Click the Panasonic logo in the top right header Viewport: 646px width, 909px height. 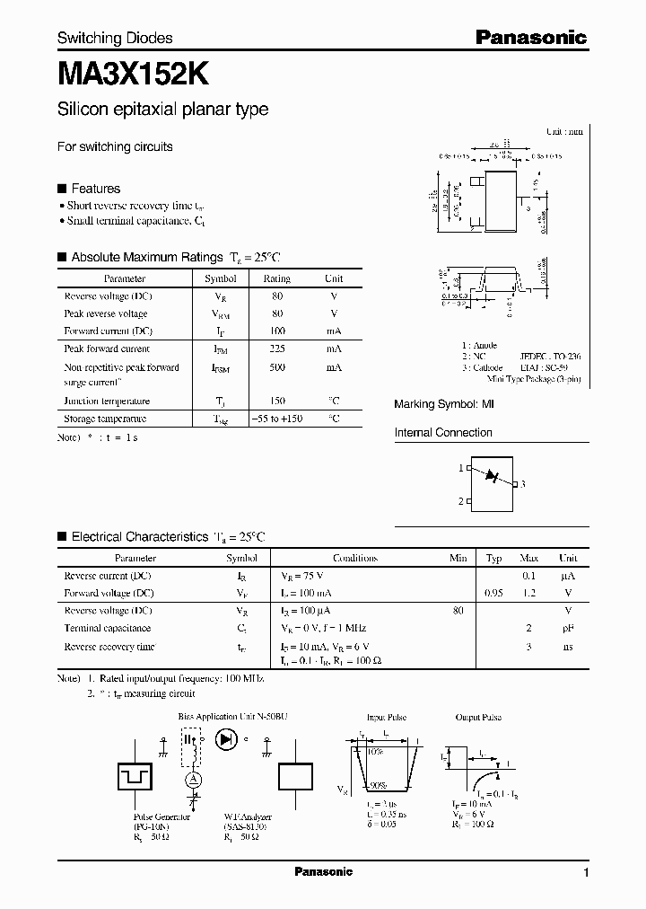[530, 37]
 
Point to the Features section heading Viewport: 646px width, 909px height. [95, 189]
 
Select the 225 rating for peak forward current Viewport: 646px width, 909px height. [276, 349]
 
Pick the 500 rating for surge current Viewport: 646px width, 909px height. [276, 367]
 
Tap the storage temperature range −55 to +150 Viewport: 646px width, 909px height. [276, 419]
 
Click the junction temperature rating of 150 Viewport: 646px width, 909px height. [276, 401]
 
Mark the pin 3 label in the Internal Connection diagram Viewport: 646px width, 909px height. [522, 484]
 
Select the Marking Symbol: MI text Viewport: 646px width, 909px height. [444, 405]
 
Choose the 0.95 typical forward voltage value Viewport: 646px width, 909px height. [493, 594]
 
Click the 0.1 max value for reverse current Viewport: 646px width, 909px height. [528, 576]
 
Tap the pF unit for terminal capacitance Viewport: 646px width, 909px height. [567, 629]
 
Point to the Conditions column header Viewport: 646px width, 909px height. [354, 558]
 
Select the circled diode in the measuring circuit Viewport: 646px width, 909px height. [226, 739]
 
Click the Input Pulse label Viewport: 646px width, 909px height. [388, 718]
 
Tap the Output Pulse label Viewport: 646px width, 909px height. [478, 718]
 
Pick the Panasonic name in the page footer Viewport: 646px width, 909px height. [323, 872]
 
